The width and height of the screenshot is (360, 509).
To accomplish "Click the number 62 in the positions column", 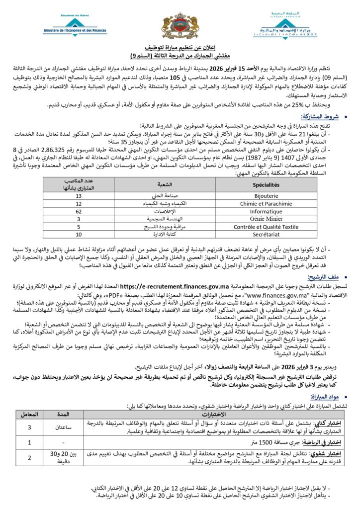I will pos(79,211).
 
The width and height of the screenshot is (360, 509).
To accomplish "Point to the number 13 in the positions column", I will pos(79,196).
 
